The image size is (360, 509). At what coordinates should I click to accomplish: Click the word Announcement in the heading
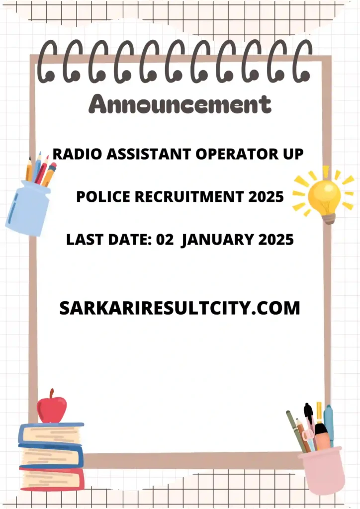(x=180, y=105)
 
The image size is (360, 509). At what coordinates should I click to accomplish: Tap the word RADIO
(x=73, y=154)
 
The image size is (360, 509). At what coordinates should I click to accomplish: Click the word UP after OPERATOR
(x=292, y=154)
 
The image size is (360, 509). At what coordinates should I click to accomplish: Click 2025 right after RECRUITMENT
(x=266, y=197)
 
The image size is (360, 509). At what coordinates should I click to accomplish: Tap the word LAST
(x=84, y=240)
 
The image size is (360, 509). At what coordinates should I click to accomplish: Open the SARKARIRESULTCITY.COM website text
(x=180, y=308)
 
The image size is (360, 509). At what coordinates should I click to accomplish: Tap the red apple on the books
(x=52, y=409)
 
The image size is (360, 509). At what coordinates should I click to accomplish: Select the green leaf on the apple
(x=52, y=393)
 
